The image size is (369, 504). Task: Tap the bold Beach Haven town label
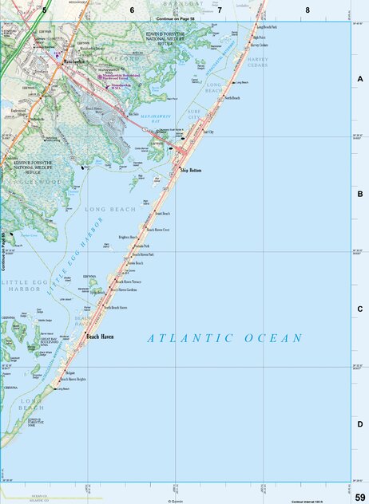pos(100,337)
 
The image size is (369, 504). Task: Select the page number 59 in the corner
pos(360,498)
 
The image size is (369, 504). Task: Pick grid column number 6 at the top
pos(132,10)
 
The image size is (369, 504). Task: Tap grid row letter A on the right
pos(360,79)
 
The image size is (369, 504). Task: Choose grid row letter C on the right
pos(360,309)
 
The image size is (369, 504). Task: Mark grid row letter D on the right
pos(360,424)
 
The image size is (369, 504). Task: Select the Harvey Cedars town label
pos(258,45)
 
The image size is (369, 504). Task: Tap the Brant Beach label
pos(162,214)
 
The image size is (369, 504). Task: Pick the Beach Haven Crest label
pos(157,229)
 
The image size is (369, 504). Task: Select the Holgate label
pos(70,372)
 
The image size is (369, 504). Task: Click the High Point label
pos(258,37)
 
